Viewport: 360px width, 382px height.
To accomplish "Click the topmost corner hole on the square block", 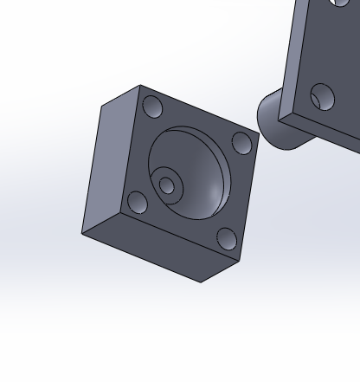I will (152, 108).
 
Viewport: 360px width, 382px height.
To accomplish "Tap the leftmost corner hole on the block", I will (137, 203).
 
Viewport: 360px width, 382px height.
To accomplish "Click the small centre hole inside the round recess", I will (167, 185).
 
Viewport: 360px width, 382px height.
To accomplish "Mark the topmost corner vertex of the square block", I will (141, 85).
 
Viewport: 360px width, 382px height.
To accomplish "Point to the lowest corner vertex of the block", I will (201, 282).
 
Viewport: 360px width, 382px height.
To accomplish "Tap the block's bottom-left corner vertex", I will (82, 234).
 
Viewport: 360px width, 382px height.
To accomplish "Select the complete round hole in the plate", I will (322, 96).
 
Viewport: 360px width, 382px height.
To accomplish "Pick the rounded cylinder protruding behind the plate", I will (275, 121).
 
